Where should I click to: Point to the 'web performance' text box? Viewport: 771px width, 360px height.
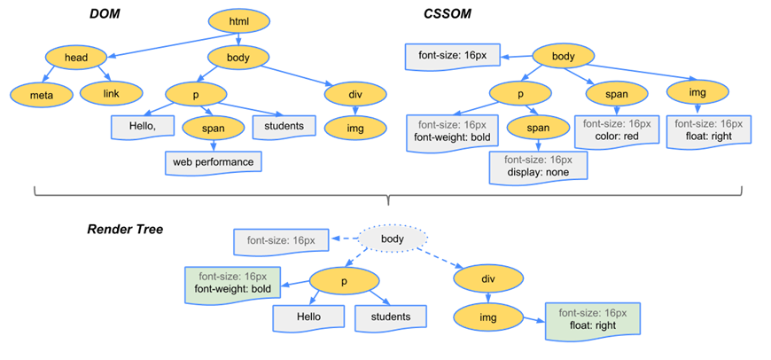point(213,162)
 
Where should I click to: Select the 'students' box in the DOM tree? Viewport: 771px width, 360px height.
point(284,127)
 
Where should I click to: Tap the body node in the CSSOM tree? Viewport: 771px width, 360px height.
point(564,58)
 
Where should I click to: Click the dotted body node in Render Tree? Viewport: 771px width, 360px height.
point(393,239)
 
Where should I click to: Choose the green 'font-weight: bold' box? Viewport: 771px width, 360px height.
point(233,281)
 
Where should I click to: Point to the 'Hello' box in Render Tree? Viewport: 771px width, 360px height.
point(308,317)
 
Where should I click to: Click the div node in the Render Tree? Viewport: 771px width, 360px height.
point(487,278)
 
